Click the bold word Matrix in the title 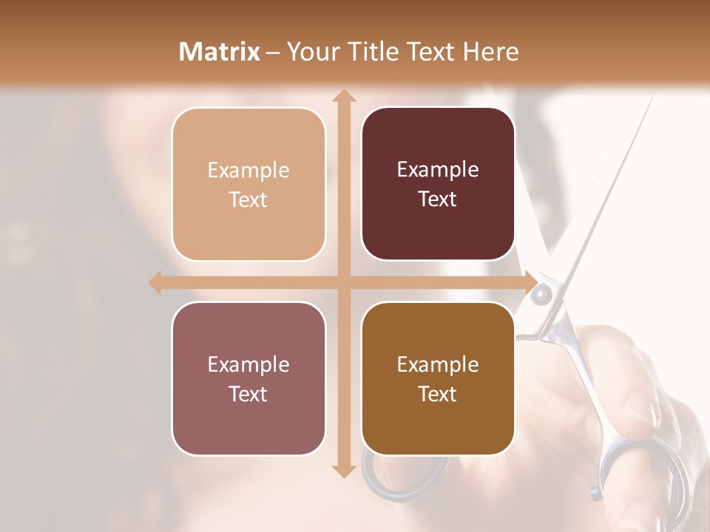coord(220,52)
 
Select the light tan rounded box coord(248,184)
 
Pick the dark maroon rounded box coord(438,184)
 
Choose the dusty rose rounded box coord(248,378)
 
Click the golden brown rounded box coord(438,378)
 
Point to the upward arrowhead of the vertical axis coord(342,96)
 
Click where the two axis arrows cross coord(342,282)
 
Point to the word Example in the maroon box coord(438,170)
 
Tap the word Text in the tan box coord(248,200)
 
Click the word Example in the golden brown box coord(438,364)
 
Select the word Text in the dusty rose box coord(248,395)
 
